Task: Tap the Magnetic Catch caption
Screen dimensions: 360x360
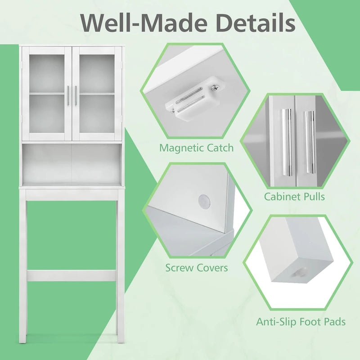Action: tap(196, 148)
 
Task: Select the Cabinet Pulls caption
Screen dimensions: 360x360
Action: tap(294, 197)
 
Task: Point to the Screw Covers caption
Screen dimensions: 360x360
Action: tap(197, 268)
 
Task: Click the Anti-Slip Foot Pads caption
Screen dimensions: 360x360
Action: tap(301, 322)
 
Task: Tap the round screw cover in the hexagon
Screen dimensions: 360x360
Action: tap(204, 200)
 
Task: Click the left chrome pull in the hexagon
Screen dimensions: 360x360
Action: tap(287, 142)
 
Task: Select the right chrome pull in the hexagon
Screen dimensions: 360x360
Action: tap(310, 142)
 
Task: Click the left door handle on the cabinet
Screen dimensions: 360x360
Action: tap(68, 95)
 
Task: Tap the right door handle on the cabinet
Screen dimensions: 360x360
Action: tap(76, 95)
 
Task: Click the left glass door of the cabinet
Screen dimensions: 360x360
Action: tap(47, 94)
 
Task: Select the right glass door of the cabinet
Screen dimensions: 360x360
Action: tap(97, 94)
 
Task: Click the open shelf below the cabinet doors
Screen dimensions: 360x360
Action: tap(72, 163)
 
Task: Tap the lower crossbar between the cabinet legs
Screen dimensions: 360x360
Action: tap(72, 276)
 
